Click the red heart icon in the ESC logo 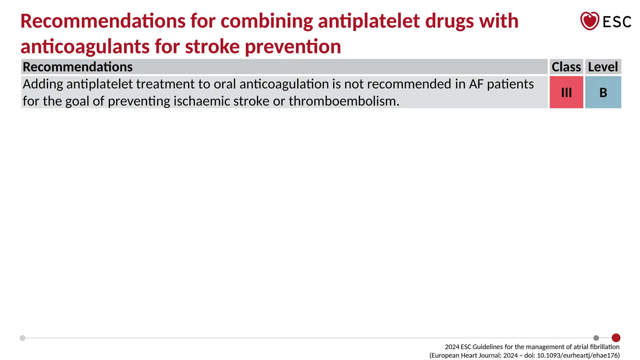(x=589, y=21)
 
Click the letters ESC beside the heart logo (x=617, y=22)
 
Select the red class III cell (x=566, y=92)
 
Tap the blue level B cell (x=603, y=92)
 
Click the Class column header (x=566, y=67)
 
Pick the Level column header (x=603, y=67)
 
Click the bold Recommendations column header (x=78, y=67)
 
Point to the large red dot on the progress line (x=616, y=338)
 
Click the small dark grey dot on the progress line (x=596, y=338)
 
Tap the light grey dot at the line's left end (x=22, y=338)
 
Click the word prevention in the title (x=293, y=47)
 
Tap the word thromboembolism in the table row (x=344, y=101)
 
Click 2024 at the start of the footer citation (x=452, y=347)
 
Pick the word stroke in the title (x=212, y=47)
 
